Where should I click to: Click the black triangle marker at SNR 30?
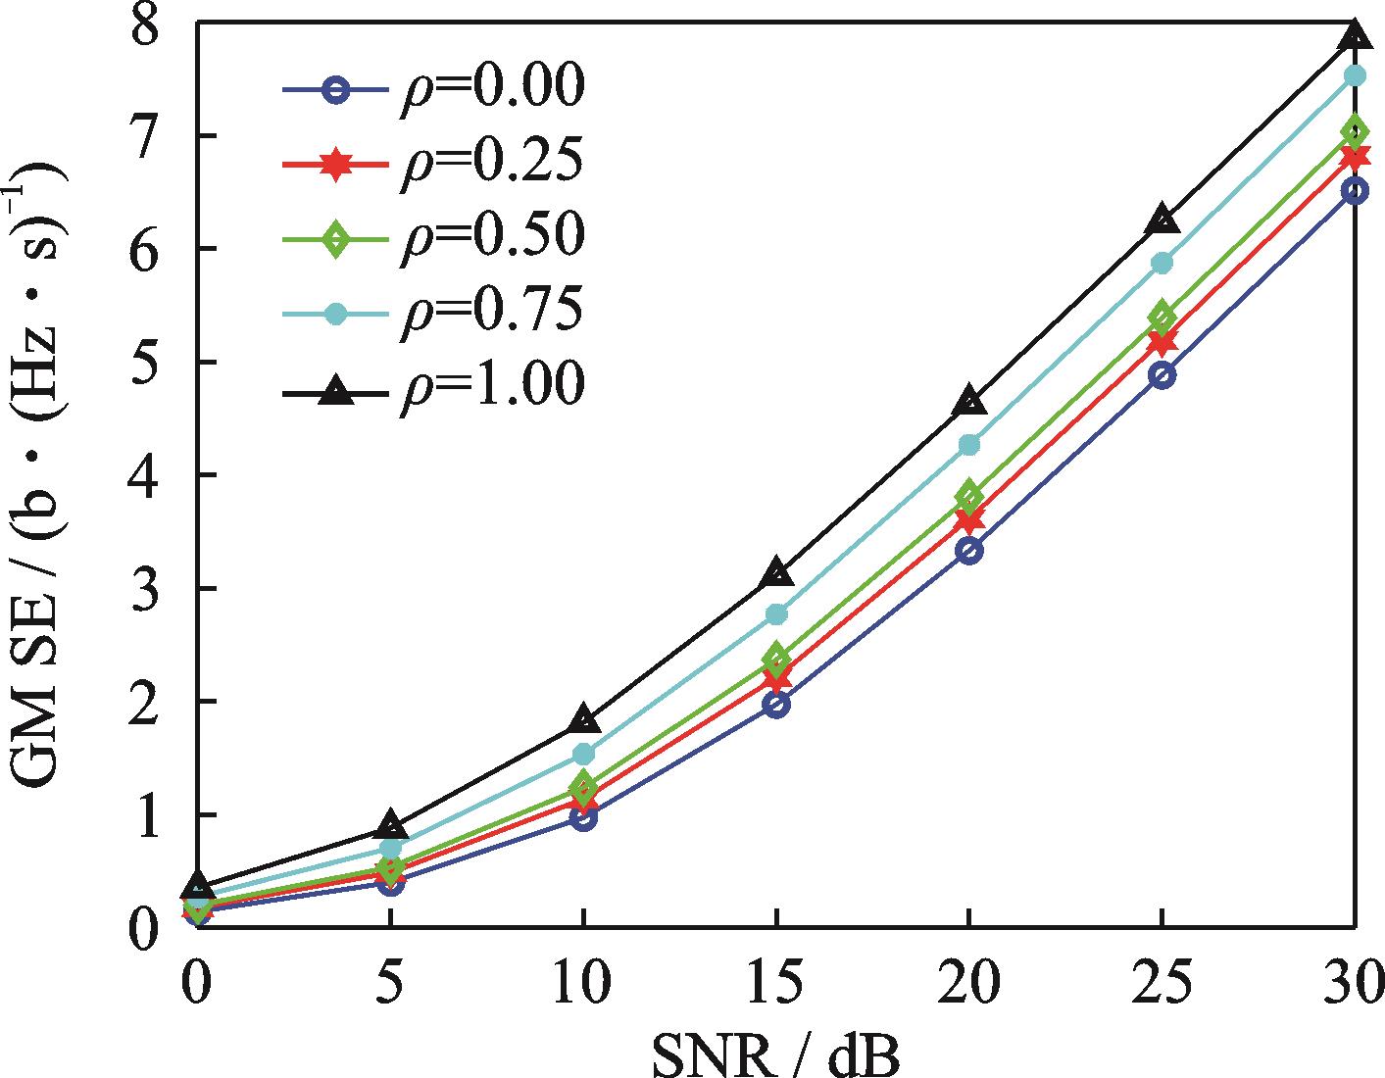tap(1355, 34)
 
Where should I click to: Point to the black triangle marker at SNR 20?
tap(968, 400)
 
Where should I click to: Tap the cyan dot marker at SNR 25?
tap(1162, 262)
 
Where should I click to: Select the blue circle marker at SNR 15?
tap(776, 704)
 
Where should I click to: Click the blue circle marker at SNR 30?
tap(1355, 190)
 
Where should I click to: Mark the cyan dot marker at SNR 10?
tap(583, 754)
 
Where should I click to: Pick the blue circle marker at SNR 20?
tap(968, 551)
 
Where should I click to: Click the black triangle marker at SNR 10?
tap(583, 719)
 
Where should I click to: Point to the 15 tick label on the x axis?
tap(776, 980)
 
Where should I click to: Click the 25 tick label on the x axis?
tap(1162, 980)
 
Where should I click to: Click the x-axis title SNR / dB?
tap(774, 1055)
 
